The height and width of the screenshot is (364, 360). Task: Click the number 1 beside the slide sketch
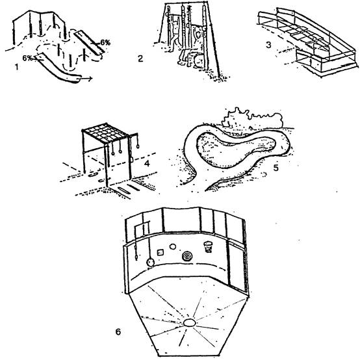coord(16,67)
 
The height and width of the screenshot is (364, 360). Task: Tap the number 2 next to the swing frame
coord(140,58)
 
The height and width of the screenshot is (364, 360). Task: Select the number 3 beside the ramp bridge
coord(268,45)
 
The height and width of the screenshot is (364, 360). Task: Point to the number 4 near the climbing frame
coord(147,163)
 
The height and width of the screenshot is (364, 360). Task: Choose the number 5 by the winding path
coord(276,168)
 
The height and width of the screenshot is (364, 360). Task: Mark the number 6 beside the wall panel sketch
coord(118,332)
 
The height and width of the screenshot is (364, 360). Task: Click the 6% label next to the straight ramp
coord(105,42)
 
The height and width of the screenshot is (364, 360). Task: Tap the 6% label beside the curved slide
coord(27,58)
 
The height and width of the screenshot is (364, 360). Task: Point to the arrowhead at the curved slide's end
coord(90,79)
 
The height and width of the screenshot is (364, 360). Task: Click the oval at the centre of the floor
coord(190,322)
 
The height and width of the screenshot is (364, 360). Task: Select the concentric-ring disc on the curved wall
coord(187,257)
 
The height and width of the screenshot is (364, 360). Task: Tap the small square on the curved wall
coord(161,252)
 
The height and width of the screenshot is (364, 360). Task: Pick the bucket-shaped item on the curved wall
coord(208,246)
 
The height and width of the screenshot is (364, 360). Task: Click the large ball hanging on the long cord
coord(150,263)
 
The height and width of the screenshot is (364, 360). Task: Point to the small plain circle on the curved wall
coord(172,246)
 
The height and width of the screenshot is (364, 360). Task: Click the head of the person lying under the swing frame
coord(199,61)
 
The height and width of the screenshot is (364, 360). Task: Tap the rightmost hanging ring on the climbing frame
coord(138,146)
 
